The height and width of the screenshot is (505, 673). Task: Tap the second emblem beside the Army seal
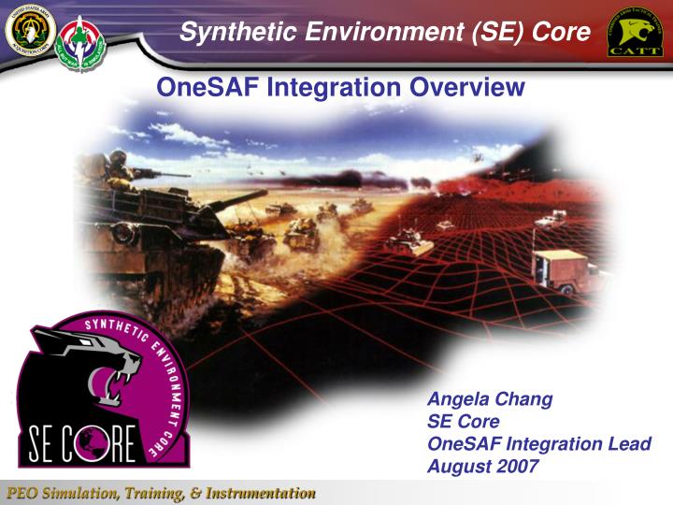pos(80,38)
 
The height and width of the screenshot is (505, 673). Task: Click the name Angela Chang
pos(489,399)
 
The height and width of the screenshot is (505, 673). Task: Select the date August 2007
pos(482,465)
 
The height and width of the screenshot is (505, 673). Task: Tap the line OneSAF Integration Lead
pos(538,443)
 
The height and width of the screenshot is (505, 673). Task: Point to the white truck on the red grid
pos(560,267)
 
